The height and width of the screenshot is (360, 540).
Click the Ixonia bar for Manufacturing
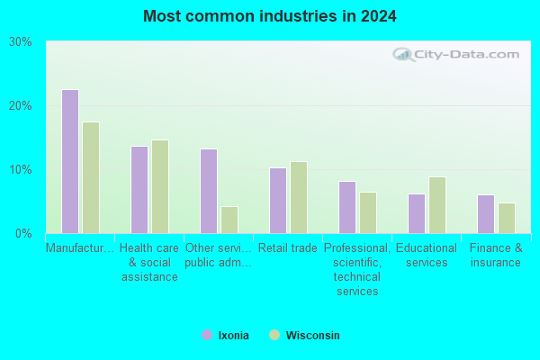click(70, 162)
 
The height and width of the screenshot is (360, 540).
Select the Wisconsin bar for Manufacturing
click(91, 178)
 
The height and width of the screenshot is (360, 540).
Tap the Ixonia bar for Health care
click(139, 190)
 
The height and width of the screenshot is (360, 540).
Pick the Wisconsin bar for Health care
click(160, 186)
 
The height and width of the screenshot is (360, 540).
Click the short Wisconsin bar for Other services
click(229, 220)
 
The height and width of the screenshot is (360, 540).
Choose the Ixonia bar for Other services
click(209, 191)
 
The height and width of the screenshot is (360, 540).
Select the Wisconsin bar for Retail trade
click(299, 198)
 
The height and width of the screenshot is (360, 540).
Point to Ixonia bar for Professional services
click(347, 207)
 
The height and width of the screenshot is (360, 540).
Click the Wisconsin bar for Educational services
click(437, 205)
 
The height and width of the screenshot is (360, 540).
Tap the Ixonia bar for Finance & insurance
click(486, 214)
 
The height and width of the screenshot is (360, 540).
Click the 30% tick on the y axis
click(21, 42)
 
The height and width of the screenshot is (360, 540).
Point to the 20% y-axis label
click(21, 106)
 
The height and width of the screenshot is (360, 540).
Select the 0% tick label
click(23, 234)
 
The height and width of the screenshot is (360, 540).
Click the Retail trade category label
click(288, 248)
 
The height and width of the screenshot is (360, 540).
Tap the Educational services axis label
click(427, 256)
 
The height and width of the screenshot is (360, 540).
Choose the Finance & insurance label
click(496, 256)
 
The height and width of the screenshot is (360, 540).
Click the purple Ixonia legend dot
click(207, 335)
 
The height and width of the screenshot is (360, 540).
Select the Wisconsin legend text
click(312, 335)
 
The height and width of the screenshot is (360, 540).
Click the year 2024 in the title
click(379, 16)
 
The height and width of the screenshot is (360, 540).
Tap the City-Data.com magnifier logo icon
click(403, 54)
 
